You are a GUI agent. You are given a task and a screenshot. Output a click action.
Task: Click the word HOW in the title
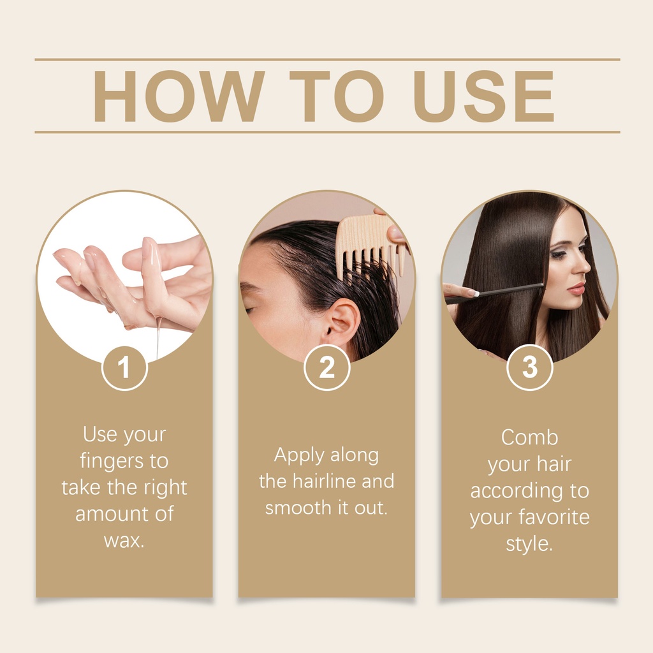coord(179,96)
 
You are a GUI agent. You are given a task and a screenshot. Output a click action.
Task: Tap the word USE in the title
coord(483,96)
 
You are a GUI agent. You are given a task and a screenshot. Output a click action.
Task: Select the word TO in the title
coord(337,96)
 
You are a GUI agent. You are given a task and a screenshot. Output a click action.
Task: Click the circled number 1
coord(124,368)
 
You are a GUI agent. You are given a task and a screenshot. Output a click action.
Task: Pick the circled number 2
coord(327,367)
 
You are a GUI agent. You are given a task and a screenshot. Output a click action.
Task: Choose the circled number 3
coord(530,367)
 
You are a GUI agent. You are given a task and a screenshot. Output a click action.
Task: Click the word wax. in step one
coord(124,541)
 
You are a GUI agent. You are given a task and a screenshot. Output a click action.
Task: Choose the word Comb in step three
coord(529,437)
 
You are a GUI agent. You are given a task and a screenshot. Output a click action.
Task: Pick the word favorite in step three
coord(554,517)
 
